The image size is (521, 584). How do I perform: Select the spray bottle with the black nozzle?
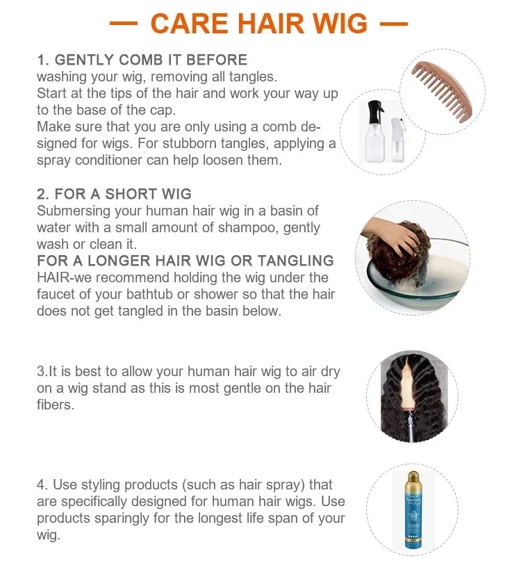[374, 131]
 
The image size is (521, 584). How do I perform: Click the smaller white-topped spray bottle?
[398, 140]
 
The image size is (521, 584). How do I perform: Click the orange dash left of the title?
[124, 24]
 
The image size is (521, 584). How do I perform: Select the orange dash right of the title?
[394, 24]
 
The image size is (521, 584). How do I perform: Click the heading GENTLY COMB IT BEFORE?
[151, 60]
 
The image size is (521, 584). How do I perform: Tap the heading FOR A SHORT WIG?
[123, 194]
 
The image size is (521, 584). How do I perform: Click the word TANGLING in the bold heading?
[295, 261]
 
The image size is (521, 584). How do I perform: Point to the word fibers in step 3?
[56, 405]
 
